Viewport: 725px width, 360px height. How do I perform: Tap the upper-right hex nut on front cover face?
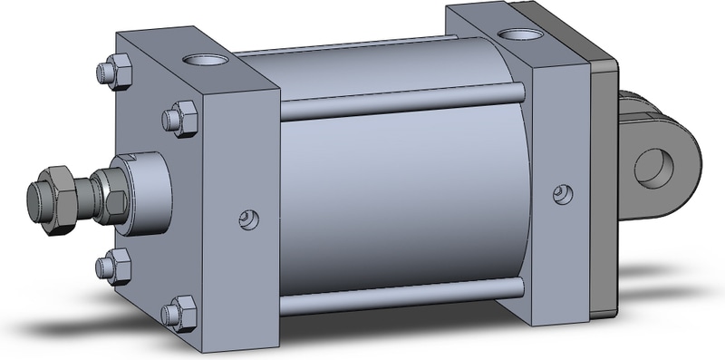[180, 116]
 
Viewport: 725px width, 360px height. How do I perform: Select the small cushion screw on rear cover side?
[563, 192]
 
